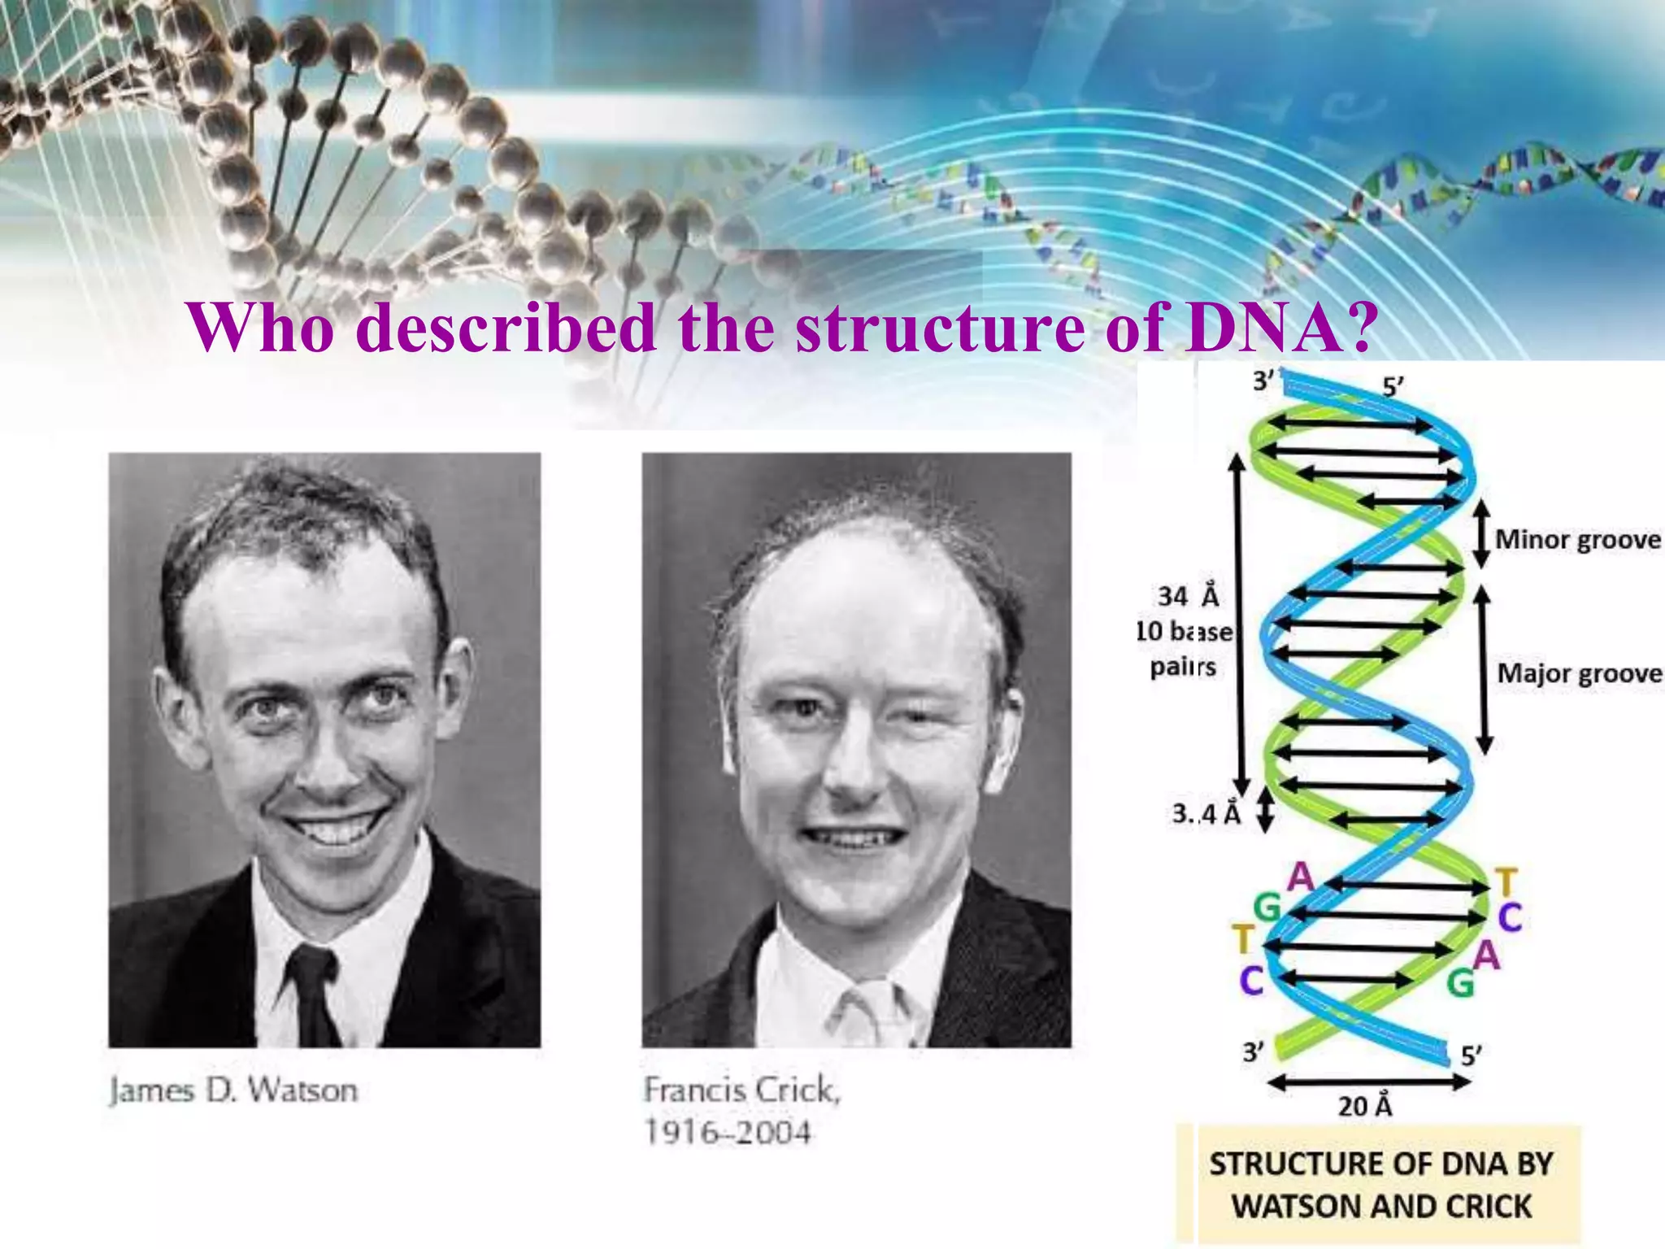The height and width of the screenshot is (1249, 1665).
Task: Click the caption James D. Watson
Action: [233, 1090]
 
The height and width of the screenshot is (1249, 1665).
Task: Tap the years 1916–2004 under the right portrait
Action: [728, 1132]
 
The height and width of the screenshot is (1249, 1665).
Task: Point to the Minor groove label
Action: [1577, 540]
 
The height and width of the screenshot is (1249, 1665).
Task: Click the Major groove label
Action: [1579, 673]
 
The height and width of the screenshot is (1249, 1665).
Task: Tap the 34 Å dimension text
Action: [1188, 596]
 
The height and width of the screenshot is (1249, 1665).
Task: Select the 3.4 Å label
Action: [1206, 813]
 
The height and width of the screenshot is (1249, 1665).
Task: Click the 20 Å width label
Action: [1365, 1106]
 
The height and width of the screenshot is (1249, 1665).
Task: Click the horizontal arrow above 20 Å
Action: [1369, 1081]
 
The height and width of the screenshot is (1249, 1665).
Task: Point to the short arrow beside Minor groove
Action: [1482, 534]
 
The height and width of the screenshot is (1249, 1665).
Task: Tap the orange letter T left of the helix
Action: [1242, 941]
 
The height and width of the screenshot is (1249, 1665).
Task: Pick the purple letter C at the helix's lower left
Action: [1251, 981]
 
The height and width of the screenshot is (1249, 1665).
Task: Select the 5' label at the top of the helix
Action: [1393, 387]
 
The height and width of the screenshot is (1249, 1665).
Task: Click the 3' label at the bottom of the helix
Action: [1253, 1052]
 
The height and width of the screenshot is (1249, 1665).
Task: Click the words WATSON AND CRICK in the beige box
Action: [1381, 1206]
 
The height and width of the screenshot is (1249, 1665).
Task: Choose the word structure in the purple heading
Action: [940, 327]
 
